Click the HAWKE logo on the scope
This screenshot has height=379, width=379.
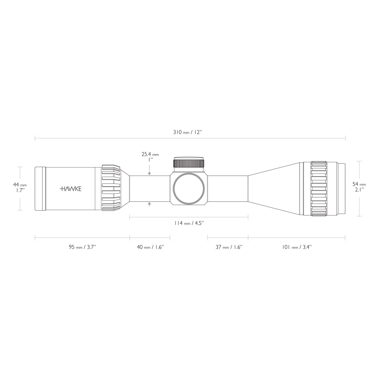click(70, 189)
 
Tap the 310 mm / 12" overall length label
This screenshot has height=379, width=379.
click(187, 132)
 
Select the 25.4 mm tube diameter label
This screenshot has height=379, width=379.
click(150, 154)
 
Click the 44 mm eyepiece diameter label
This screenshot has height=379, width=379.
click(20, 185)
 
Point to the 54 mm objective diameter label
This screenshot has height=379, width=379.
click(359, 184)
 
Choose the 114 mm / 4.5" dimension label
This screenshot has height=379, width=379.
click(189, 223)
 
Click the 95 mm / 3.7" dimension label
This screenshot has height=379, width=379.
click(82, 247)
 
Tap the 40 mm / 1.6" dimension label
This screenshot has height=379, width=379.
click(150, 247)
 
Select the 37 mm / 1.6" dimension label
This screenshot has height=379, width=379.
click(229, 247)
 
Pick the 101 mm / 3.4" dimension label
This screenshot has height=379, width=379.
click(297, 247)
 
